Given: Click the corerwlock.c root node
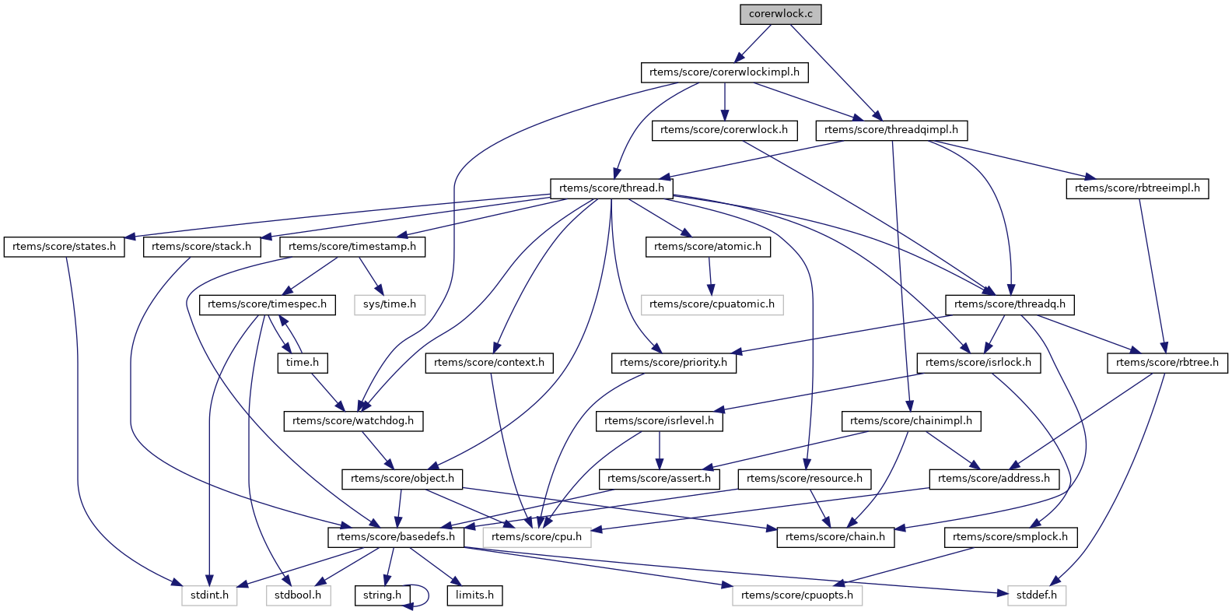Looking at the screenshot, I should pos(781,14).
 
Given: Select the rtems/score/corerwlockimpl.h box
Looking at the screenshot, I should pos(724,72).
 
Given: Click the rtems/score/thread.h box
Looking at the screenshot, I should pos(611,188).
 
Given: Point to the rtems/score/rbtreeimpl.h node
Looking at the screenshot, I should pos(1137,188).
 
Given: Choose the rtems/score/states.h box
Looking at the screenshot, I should pos(64,247).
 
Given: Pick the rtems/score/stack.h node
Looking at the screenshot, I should pos(201,247).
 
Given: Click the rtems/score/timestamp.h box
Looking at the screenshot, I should pos(352,247).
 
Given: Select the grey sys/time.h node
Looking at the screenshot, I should pos(389,304).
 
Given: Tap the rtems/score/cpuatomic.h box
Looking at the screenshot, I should pos(712,304).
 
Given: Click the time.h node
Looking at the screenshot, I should pos(303,363).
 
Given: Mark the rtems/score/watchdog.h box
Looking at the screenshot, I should pos(353,421).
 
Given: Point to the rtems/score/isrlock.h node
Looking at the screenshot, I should pos(978,363).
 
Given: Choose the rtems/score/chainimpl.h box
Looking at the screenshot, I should pos(911,421).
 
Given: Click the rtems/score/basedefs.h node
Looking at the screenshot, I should pos(396,537).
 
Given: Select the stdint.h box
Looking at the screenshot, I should pos(209,595).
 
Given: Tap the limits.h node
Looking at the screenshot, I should pos(474,595).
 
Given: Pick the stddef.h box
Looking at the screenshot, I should pos(1037,595).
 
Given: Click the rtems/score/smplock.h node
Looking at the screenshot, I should pos(1010,537).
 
